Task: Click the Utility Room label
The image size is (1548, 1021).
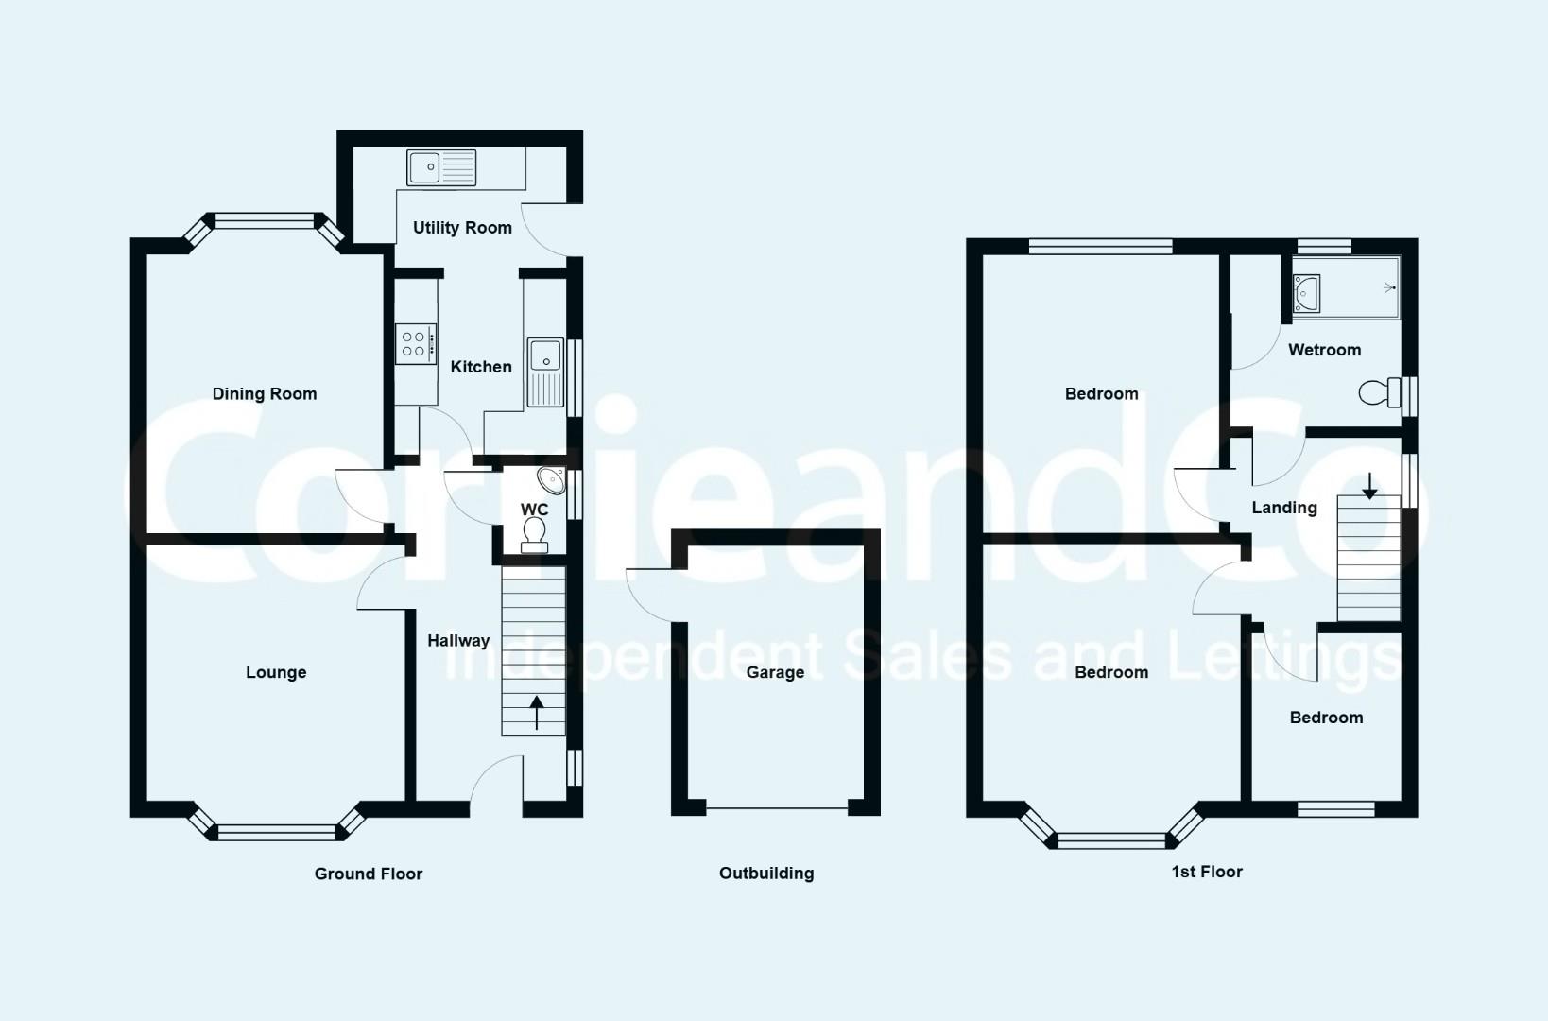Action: click(462, 228)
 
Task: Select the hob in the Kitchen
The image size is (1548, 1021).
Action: click(415, 344)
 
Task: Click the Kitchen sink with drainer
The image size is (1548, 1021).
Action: click(545, 372)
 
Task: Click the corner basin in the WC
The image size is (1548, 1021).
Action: click(552, 480)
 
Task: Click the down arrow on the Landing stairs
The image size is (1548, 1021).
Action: click(1369, 486)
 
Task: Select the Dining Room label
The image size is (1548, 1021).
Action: click(265, 394)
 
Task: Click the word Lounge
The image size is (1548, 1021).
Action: click(276, 673)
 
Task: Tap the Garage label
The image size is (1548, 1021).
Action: click(775, 673)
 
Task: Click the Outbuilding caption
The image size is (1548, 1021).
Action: click(766, 874)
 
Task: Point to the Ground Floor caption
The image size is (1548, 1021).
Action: click(369, 874)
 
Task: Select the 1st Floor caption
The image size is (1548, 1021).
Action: click(1207, 873)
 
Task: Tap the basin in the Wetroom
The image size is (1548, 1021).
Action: click(1307, 292)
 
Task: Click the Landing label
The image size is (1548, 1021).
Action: click(1284, 509)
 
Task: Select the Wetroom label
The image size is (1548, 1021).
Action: click(1324, 351)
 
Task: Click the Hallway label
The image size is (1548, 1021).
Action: click(458, 641)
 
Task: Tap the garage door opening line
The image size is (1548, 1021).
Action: click(777, 808)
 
